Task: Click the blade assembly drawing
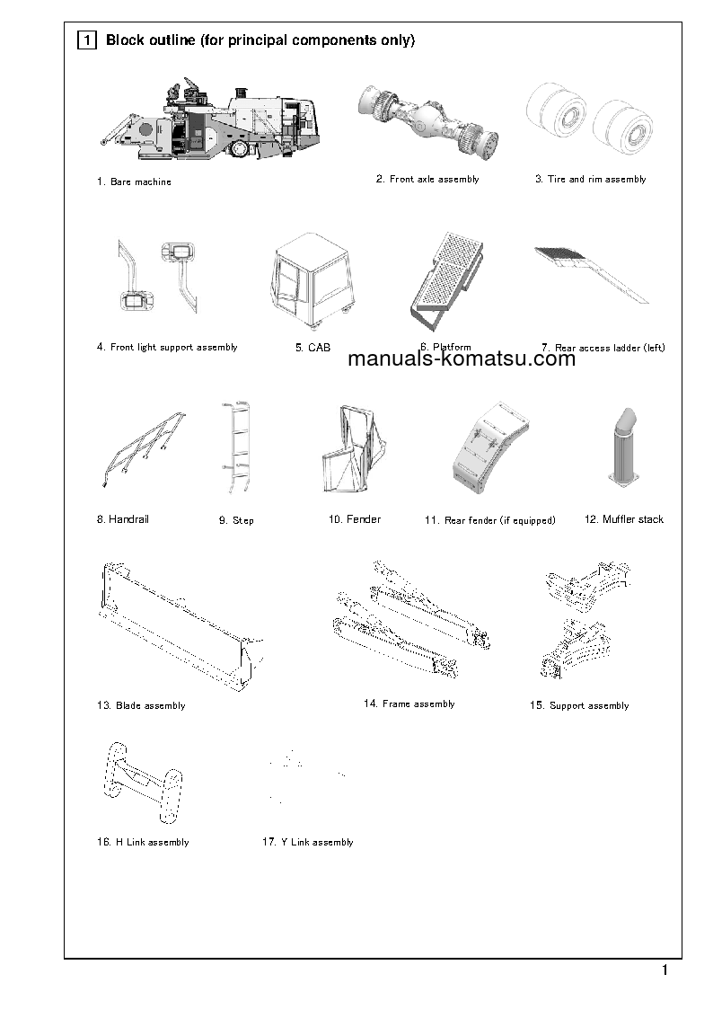[x=180, y=624]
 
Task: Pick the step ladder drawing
[x=235, y=447]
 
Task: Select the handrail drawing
[x=144, y=447]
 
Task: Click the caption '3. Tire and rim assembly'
[x=590, y=180]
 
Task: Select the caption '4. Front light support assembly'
[x=167, y=348]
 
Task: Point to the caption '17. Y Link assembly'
[x=307, y=843]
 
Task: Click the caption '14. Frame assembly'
[x=409, y=704]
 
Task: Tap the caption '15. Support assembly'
[x=578, y=706]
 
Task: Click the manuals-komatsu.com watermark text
[x=461, y=360]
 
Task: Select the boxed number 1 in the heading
[x=87, y=40]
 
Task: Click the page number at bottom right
[x=665, y=970]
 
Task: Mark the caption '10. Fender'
[x=354, y=520]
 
